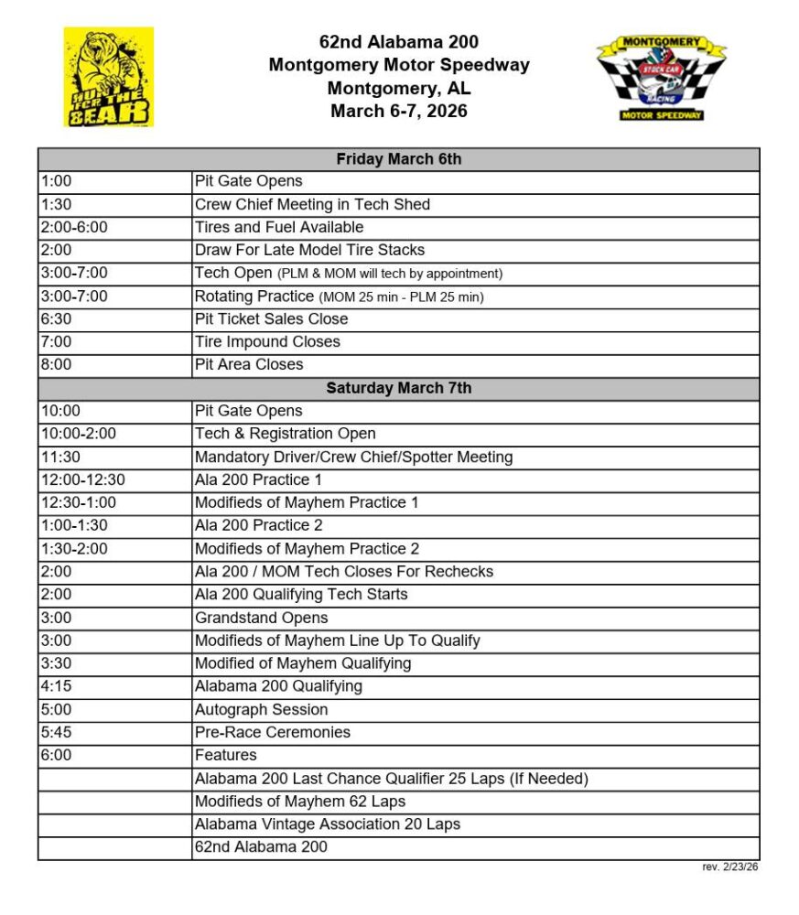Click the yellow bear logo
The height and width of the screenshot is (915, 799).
click(108, 77)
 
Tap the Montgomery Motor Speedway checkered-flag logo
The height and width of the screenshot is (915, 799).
click(661, 79)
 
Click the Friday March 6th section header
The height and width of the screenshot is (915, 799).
click(398, 159)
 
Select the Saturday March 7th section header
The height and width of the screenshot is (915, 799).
click(398, 388)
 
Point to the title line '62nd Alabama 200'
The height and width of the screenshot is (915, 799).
click(398, 42)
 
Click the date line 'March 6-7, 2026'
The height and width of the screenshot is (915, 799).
click(398, 112)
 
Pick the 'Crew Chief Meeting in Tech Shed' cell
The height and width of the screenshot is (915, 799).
click(312, 204)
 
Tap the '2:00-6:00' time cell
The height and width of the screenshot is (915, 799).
click(74, 227)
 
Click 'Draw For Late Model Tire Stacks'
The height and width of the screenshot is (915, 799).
click(309, 250)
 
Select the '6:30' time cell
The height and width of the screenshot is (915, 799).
click(56, 318)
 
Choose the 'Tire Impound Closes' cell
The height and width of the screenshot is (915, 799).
click(267, 341)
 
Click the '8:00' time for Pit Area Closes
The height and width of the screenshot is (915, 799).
click(56, 364)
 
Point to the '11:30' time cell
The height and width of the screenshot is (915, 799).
click(59, 457)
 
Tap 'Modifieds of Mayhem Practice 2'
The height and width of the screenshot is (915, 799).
click(307, 549)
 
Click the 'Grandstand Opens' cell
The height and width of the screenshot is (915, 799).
click(261, 618)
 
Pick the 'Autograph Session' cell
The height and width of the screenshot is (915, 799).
click(261, 709)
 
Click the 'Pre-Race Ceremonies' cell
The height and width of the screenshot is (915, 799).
click(272, 732)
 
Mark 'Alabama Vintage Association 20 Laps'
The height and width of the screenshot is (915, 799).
click(327, 824)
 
